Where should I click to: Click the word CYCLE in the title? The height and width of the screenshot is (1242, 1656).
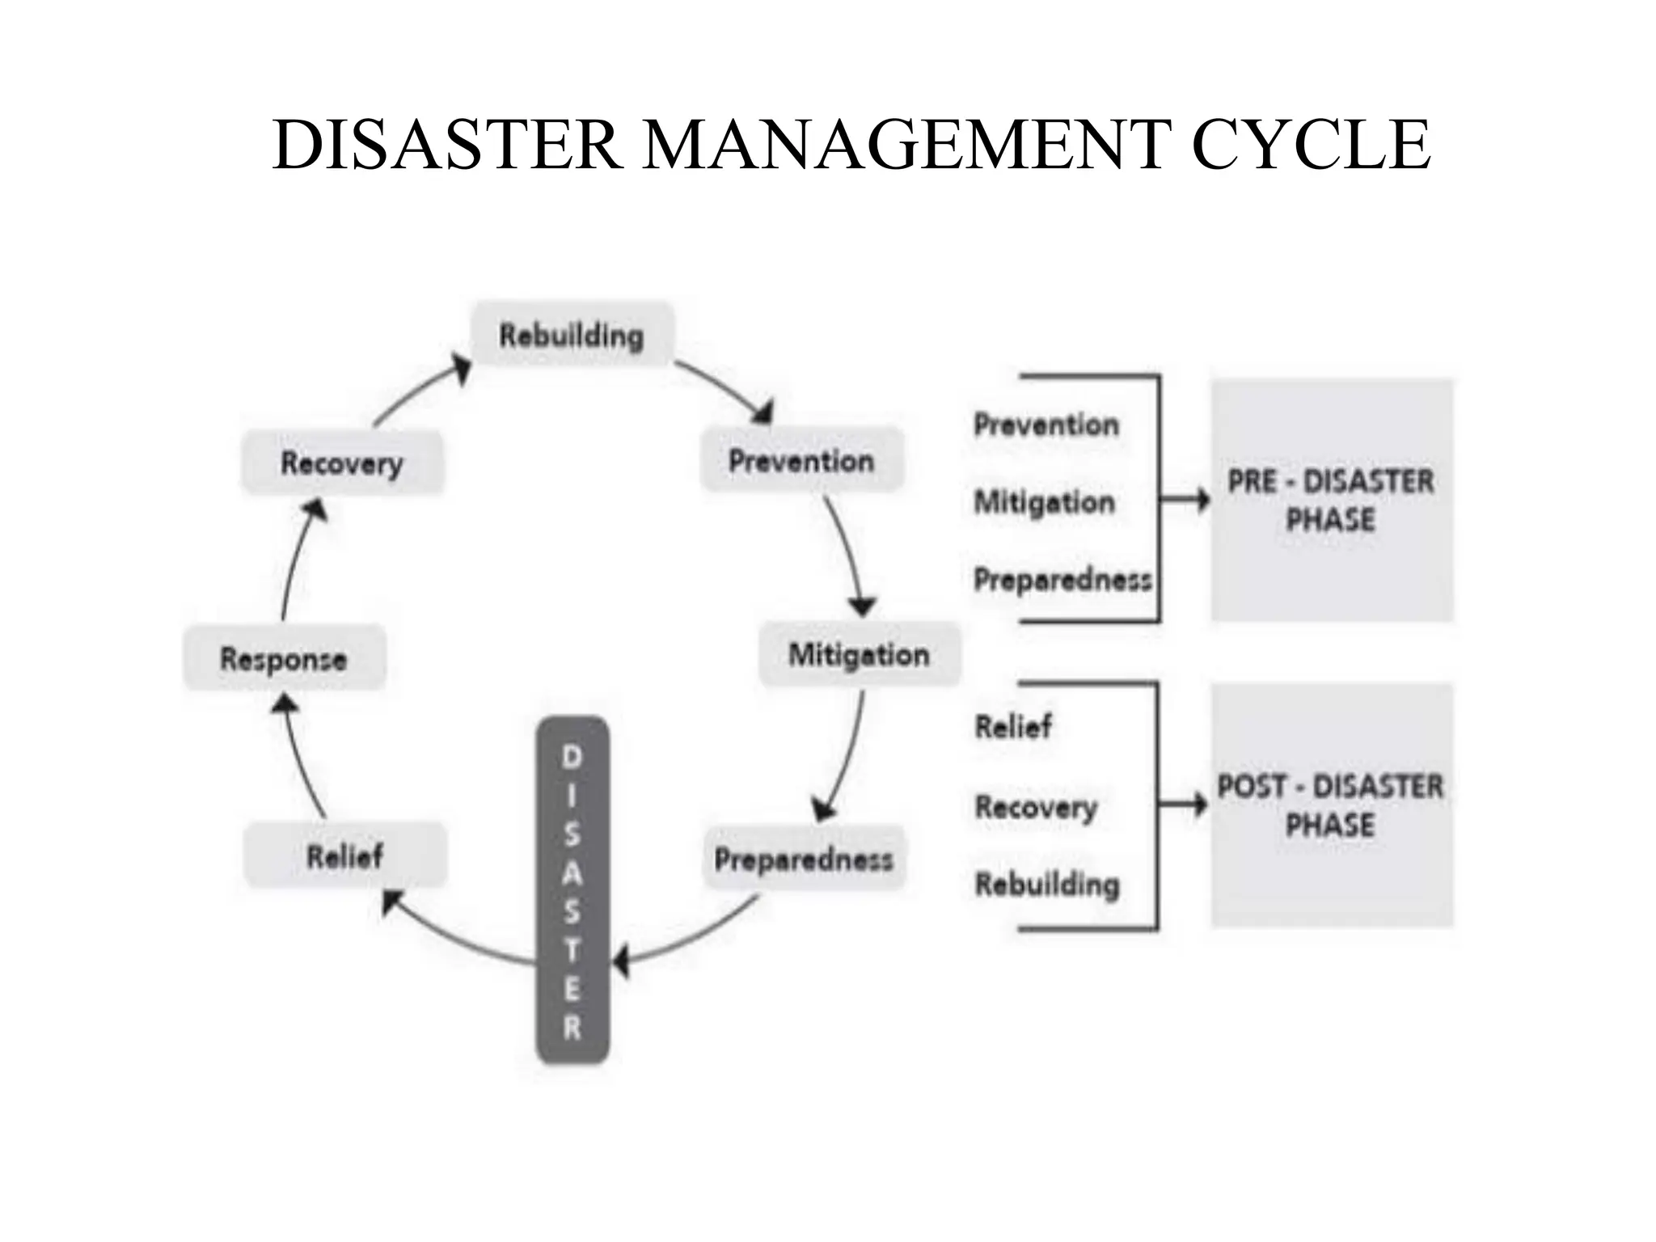1310,146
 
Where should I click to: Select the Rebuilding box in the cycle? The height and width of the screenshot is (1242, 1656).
572,335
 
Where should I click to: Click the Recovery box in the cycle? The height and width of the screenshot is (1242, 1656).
342,463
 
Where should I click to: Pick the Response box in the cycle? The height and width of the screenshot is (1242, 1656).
284,658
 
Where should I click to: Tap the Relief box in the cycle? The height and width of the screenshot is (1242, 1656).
344,855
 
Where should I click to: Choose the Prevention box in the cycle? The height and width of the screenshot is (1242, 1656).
801,460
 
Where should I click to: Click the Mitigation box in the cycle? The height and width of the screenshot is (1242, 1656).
860,654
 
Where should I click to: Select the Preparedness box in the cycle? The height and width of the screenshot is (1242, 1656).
804,859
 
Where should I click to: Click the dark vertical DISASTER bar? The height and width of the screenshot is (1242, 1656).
572,889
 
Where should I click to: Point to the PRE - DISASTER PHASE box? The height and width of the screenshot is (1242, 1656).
1331,500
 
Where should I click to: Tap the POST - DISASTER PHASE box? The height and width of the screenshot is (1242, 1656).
1331,805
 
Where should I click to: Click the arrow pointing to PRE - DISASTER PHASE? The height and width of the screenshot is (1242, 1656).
1184,500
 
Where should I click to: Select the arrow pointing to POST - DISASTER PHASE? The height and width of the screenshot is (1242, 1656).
1182,805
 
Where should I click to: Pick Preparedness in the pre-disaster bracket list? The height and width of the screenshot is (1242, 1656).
1062,579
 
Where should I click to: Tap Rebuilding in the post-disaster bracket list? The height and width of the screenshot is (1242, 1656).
1047,884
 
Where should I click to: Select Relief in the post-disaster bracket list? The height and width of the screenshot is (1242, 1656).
1013,726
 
